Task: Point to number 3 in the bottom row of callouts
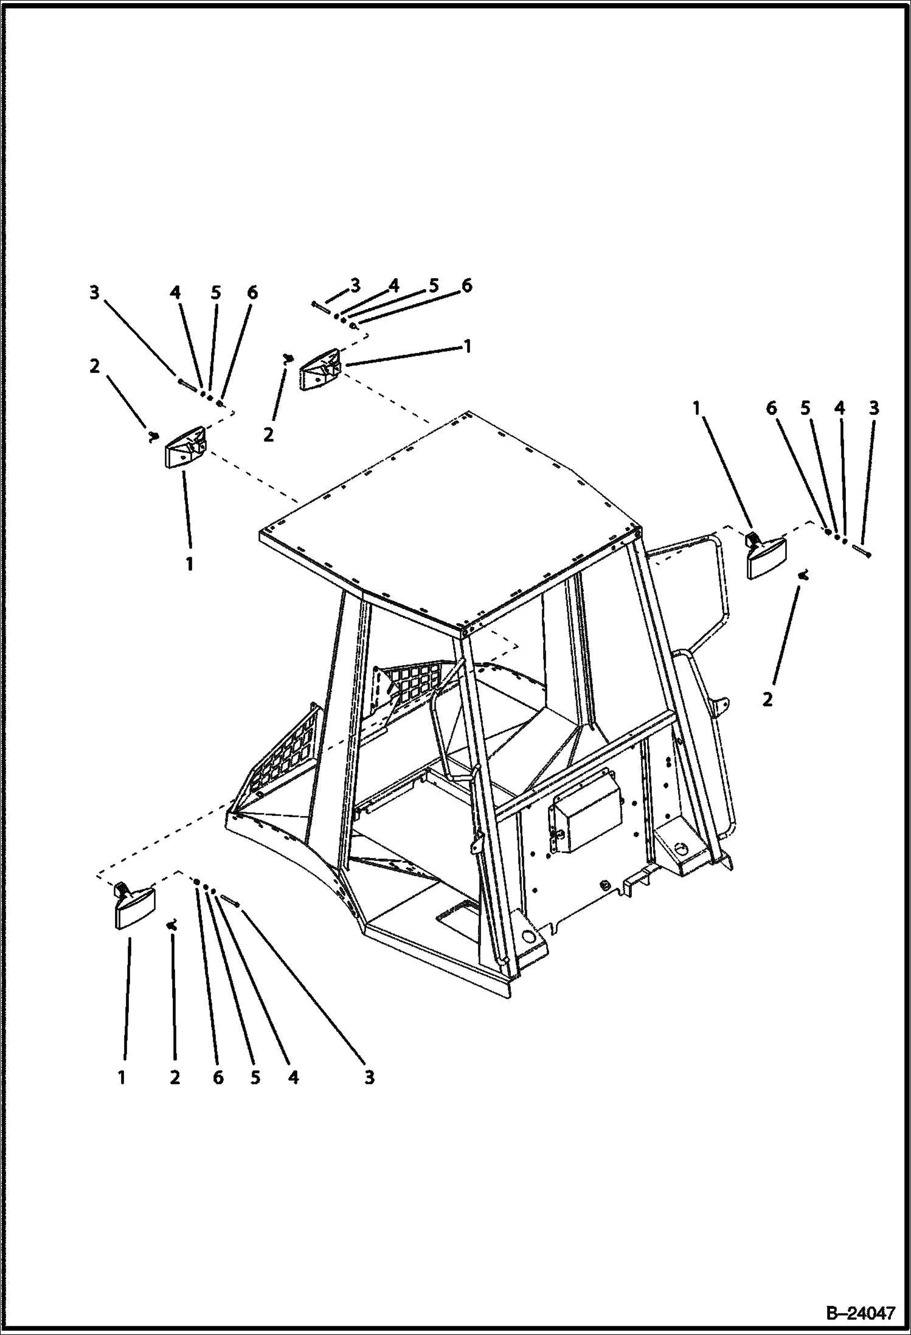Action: [370, 1078]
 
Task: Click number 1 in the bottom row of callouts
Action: [122, 1078]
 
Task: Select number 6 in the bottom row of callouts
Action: [218, 1078]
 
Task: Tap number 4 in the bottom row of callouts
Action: [294, 1078]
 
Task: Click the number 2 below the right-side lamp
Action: [767, 700]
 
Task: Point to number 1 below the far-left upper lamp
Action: [190, 564]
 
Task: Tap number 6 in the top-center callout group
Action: [466, 285]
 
